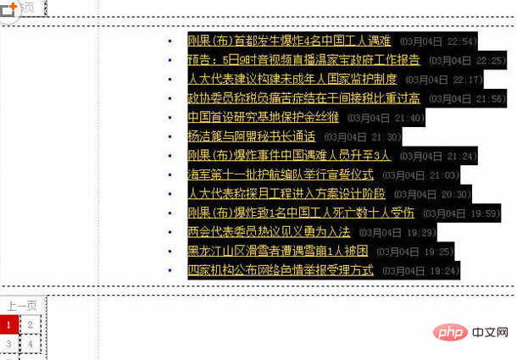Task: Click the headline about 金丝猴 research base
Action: (x=264, y=117)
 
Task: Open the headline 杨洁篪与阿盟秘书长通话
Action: (x=251, y=136)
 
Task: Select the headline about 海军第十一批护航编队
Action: (x=281, y=174)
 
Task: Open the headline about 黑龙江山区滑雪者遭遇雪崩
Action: (x=277, y=251)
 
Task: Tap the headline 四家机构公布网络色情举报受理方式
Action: (x=281, y=270)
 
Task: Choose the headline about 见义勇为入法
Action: (x=270, y=232)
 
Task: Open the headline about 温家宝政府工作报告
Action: (x=304, y=60)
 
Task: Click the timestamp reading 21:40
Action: (x=386, y=118)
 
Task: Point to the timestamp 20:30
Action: (x=453, y=194)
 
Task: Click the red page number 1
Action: (x=8, y=324)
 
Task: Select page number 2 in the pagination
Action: (x=31, y=324)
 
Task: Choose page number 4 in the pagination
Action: (x=31, y=344)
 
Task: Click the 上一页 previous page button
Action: (x=22, y=306)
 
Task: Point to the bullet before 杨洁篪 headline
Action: (x=170, y=136)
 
